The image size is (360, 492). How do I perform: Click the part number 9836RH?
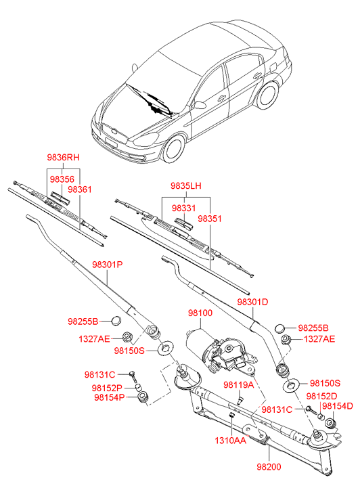[x=63, y=157]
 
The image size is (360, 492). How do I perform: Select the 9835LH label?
[x=186, y=185]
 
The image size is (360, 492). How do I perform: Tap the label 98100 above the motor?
[x=200, y=313]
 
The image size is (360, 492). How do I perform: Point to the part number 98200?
[x=269, y=467]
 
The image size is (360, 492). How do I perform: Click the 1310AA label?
[x=230, y=441]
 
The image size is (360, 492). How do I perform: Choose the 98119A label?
[x=239, y=384]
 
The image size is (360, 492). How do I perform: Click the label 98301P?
[x=108, y=265]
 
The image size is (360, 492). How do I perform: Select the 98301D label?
[x=252, y=302]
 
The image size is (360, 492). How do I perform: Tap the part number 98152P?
[x=107, y=388]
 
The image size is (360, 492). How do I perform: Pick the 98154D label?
[x=338, y=406]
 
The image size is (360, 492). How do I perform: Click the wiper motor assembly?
[x=220, y=351]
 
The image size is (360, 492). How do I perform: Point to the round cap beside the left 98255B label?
[x=116, y=320]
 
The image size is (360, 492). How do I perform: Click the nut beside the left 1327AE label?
[x=127, y=336]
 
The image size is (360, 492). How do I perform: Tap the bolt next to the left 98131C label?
[x=133, y=376]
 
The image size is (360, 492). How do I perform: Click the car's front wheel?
[x=173, y=148]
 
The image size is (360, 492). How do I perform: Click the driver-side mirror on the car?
[x=200, y=104]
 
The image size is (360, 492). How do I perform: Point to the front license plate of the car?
[x=111, y=143]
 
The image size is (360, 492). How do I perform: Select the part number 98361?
[x=80, y=189]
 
